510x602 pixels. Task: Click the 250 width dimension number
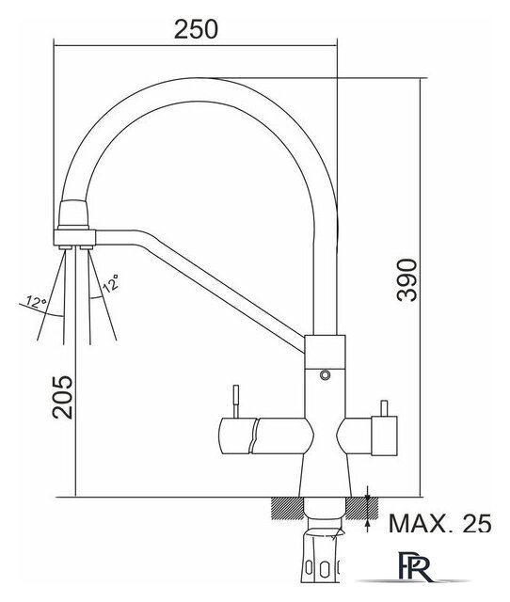[x=196, y=29]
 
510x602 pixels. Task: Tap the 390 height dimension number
[x=407, y=280]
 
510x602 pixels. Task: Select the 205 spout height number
[x=63, y=397]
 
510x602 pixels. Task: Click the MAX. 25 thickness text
[x=440, y=523]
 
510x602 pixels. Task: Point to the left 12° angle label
[x=37, y=303]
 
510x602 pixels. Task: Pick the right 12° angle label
[x=111, y=283]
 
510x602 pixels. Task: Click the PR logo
[x=415, y=567]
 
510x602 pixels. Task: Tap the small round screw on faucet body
[x=325, y=374]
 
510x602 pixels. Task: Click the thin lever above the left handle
[x=236, y=402]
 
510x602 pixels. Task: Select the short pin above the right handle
[x=383, y=409]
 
